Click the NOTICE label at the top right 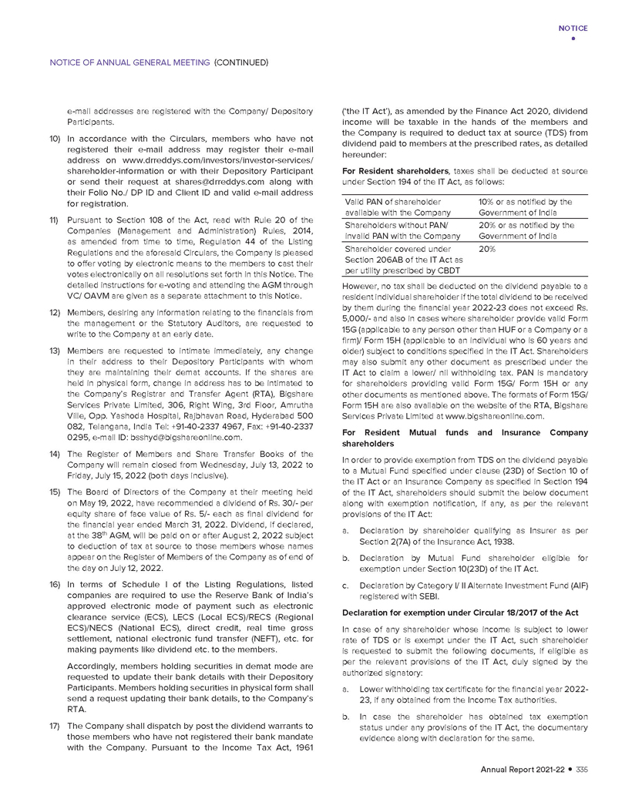[573, 28]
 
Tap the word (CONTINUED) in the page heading [240, 62]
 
